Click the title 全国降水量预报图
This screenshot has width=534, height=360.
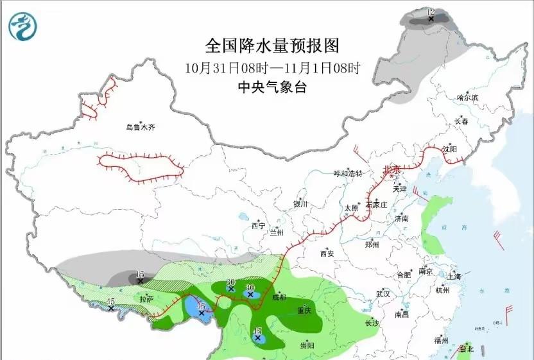tap(271, 46)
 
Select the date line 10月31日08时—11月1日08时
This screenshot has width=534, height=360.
tap(271, 67)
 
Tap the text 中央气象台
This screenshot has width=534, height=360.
tap(271, 88)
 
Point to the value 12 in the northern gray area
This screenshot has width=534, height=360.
tap(431, 12)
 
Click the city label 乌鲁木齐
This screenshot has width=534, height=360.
tap(140, 128)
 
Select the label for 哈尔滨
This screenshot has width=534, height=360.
tap(467, 98)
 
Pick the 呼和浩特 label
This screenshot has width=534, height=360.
tap(349, 174)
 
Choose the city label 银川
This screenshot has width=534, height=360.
tap(300, 204)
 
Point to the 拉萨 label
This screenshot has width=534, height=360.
tap(146, 299)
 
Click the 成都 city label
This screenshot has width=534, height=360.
tap(279, 297)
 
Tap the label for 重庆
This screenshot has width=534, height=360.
tap(304, 311)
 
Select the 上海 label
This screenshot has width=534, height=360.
tap(454, 277)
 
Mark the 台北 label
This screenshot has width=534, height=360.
tap(466, 350)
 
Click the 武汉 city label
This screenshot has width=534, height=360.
tap(383, 293)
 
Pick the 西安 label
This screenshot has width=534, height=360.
tap(327, 253)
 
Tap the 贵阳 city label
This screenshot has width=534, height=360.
tap(307, 345)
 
